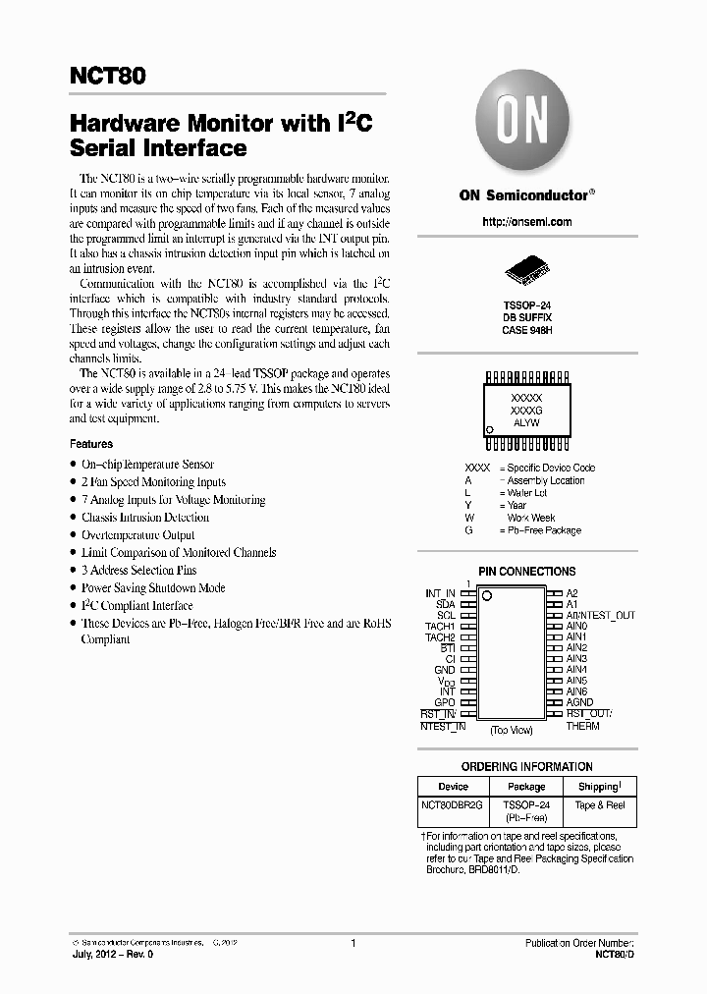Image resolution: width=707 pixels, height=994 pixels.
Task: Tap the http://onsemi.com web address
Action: [527, 222]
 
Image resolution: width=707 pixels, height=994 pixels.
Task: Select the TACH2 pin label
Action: [439, 637]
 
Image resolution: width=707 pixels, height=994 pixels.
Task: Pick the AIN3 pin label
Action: [576, 659]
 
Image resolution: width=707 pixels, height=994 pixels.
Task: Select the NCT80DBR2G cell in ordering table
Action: [453, 805]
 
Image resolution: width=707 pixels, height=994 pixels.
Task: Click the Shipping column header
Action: [598, 787]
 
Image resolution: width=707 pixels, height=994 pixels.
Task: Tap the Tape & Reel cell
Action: [598, 805]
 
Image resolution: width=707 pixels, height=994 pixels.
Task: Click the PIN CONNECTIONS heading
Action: [526, 572]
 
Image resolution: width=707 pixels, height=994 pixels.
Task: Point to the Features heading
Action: [91, 444]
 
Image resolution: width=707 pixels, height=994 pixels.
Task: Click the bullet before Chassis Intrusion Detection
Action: [73, 518]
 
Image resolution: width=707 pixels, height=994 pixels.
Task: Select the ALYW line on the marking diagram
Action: [526, 420]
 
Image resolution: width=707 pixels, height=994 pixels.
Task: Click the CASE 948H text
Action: [526, 331]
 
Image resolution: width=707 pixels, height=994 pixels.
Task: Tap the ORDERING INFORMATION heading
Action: [526, 767]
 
